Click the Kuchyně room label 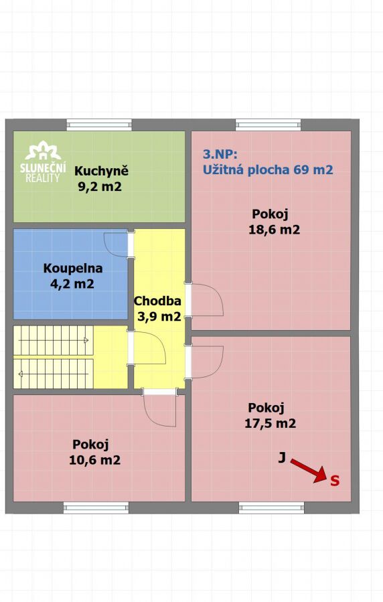[101, 171]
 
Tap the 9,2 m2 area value [100, 187]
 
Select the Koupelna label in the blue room [73, 268]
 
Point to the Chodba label [157, 301]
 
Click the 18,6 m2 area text [274, 230]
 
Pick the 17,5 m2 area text [270, 423]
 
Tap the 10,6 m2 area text [94, 460]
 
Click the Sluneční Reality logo [43, 161]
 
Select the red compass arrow [308, 470]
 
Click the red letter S [335, 481]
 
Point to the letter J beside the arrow [282, 457]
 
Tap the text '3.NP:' [220, 154]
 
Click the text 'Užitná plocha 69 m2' [268, 169]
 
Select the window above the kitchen [99, 125]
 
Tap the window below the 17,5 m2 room [271, 508]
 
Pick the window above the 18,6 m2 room [269, 125]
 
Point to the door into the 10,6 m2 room [159, 407]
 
